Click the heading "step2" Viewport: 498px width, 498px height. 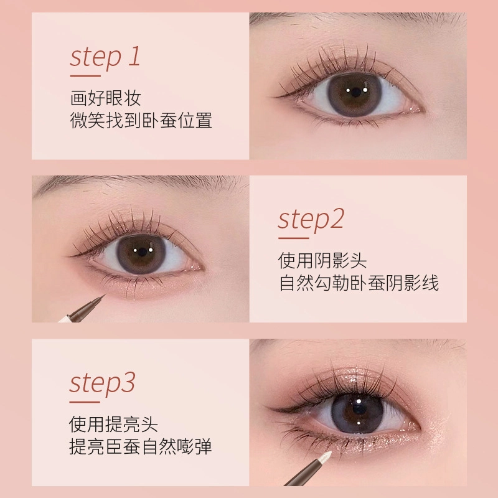coord(311,220)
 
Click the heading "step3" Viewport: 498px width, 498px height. coord(102,384)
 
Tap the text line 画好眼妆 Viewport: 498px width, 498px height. coord(105,98)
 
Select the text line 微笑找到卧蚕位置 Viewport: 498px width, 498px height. coord(141,120)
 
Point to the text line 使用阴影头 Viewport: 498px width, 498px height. coord(322,261)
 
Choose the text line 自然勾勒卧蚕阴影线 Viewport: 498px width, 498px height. coord(359,283)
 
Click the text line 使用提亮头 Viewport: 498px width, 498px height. coord(113,424)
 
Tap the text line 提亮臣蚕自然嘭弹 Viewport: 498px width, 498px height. coord(141,446)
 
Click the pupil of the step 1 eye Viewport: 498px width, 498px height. coord(356,92)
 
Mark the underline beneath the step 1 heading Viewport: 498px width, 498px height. coord(85,76)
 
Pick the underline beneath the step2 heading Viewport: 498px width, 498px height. coord(293,238)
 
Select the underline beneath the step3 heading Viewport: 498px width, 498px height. coord(85,402)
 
